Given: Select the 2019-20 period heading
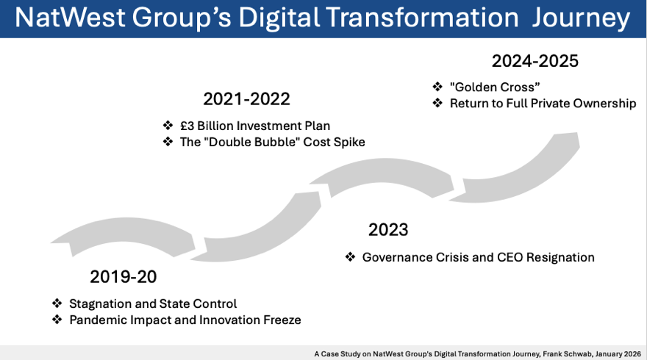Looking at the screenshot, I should [124, 277].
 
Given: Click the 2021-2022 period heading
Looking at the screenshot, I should [246, 99].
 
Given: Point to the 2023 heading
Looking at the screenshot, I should [388, 230].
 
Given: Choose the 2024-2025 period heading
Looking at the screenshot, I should [535, 61].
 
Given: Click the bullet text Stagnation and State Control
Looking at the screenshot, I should [153, 303].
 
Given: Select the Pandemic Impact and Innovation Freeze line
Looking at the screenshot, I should [185, 320].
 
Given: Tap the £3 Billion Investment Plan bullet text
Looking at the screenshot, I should [255, 126].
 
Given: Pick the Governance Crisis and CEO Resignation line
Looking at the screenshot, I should [478, 257].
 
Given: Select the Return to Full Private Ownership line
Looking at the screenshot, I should [543, 104].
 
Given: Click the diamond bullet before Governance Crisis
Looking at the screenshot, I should [350, 257].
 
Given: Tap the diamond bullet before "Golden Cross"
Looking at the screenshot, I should [437, 87].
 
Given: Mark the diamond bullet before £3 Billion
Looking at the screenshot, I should [168, 126].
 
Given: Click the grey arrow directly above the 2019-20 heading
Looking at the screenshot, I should [125, 235].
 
